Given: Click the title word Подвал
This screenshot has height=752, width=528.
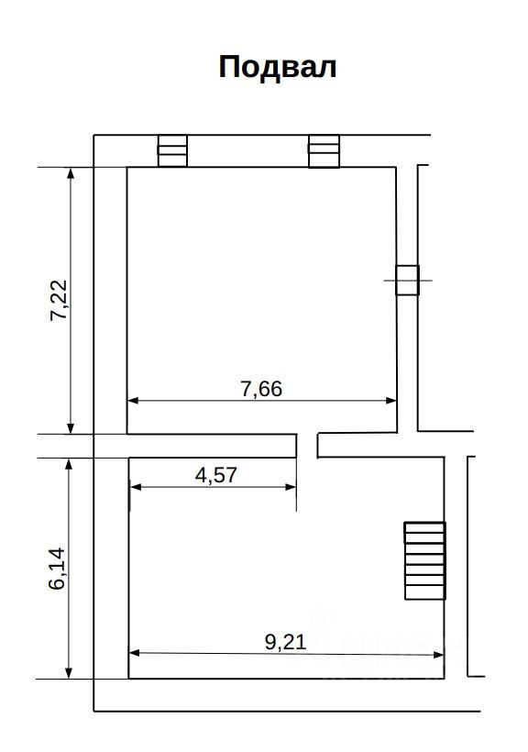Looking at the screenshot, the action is pyautogui.click(x=277, y=67).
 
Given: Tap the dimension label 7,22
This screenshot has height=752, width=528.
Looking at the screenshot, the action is pyautogui.click(x=60, y=300).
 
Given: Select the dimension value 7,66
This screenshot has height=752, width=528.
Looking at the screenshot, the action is pyautogui.click(x=261, y=389).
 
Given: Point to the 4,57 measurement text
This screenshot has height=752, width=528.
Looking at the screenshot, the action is pyautogui.click(x=215, y=475).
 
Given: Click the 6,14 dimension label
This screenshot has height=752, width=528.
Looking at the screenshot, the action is pyautogui.click(x=58, y=569).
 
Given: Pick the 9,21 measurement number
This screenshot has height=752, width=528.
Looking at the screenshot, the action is pyautogui.click(x=285, y=642).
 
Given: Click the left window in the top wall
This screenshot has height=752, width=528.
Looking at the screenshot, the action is pyautogui.click(x=172, y=150).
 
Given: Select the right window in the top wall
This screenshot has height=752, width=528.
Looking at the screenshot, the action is pyautogui.click(x=324, y=151).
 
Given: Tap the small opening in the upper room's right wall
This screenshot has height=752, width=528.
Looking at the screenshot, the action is pyautogui.click(x=407, y=280).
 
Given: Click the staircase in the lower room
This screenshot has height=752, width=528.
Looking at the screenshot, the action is pyautogui.click(x=425, y=560).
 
